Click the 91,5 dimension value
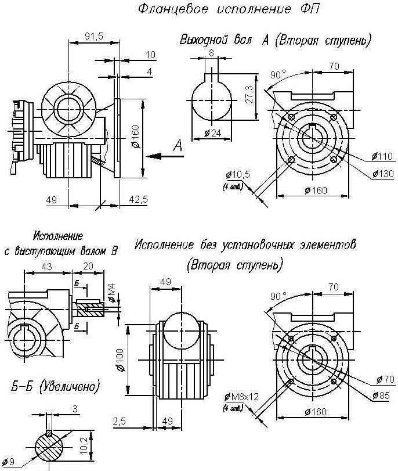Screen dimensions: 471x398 click(94, 36)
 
